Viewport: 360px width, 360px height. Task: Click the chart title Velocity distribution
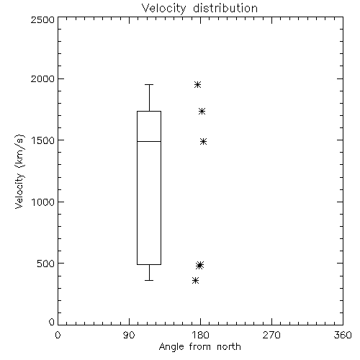(199, 9)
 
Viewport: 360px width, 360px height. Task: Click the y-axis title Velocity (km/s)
(19, 171)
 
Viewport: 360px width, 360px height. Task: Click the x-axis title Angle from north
(199, 347)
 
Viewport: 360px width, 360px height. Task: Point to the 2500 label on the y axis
(42, 19)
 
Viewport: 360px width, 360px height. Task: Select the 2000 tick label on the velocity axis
(42, 78)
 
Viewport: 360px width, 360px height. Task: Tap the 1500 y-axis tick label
(43, 140)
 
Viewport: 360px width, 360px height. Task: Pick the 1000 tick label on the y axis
(43, 202)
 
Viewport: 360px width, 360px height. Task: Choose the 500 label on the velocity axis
(46, 264)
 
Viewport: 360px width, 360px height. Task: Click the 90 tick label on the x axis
(129, 335)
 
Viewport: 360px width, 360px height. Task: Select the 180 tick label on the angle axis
(200, 335)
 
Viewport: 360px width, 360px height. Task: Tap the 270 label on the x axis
(271, 335)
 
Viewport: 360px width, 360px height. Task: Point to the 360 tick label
(343, 335)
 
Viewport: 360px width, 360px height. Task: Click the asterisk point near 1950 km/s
(197, 84)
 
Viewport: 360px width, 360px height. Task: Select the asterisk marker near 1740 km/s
(202, 111)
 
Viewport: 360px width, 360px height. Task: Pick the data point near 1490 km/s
(204, 142)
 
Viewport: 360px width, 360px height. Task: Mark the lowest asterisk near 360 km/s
(196, 280)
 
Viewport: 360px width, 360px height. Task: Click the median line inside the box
(149, 141)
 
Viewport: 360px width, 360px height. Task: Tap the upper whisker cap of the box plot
(149, 84)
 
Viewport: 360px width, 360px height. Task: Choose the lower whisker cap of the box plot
(149, 280)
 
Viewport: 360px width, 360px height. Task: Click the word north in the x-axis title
(229, 347)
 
